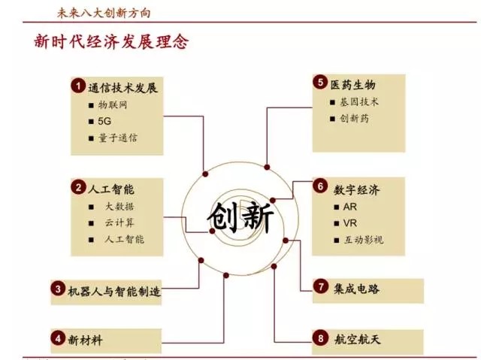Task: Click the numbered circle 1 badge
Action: tap(77, 87)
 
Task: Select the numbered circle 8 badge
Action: tap(321, 339)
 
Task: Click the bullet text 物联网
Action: tap(113, 105)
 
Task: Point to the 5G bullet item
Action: tap(105, 121)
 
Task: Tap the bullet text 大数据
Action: tap(119, 206)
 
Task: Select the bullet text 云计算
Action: tap(119, 222)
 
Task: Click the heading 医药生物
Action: tap(353, 84)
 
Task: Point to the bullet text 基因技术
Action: tap(359, 101)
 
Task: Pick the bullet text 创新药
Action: tap(354, 118)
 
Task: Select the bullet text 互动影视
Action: tap(364, 240)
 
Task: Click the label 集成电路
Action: tap(358, 287)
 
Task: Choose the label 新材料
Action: tap(85, 340)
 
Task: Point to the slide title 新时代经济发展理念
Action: tap(111, 42)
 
